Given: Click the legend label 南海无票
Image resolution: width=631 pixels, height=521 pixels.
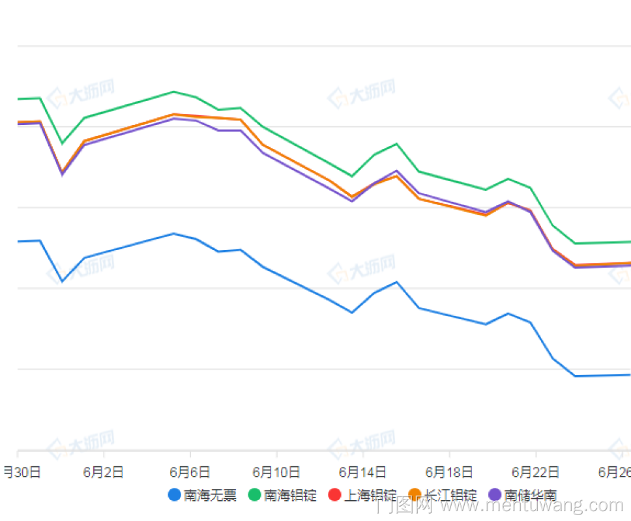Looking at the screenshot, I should (210, 495).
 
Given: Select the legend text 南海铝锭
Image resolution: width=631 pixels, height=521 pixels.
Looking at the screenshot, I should (290, 495).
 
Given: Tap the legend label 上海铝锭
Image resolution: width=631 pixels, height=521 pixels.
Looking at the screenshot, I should (370, 495).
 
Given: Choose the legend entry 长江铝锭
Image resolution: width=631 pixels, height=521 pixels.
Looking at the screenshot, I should (450, 495).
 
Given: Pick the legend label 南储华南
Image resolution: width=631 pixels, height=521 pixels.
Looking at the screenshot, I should (531, 495).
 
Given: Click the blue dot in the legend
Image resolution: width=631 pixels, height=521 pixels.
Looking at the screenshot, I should (174, 495).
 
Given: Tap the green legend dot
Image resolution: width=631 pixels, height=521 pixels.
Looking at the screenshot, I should (254, 495).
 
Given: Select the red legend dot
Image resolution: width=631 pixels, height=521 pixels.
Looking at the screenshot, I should (334, 495).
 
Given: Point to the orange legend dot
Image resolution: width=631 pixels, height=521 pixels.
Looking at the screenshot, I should (415, 495).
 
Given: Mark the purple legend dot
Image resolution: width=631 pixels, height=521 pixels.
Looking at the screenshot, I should (495, 495).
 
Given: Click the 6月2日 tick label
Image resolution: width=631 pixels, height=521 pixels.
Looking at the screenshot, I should (104, 472).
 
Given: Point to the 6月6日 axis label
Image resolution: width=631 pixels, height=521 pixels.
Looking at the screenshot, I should (190, 472).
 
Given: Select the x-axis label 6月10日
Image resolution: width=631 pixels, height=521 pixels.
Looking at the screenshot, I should (276, 472).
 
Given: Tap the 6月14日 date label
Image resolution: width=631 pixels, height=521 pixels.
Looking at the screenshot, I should (362, 472).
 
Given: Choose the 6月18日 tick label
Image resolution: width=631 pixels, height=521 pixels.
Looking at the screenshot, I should (449, 472).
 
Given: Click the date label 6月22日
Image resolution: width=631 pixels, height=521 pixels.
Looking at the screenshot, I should (535, 472).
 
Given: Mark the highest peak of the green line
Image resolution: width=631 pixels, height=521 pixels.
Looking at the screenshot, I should (173, 92).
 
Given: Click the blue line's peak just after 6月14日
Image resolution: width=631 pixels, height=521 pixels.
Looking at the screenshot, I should (397, 282).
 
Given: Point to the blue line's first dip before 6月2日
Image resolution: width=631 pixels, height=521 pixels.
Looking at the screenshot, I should (62, 281).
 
